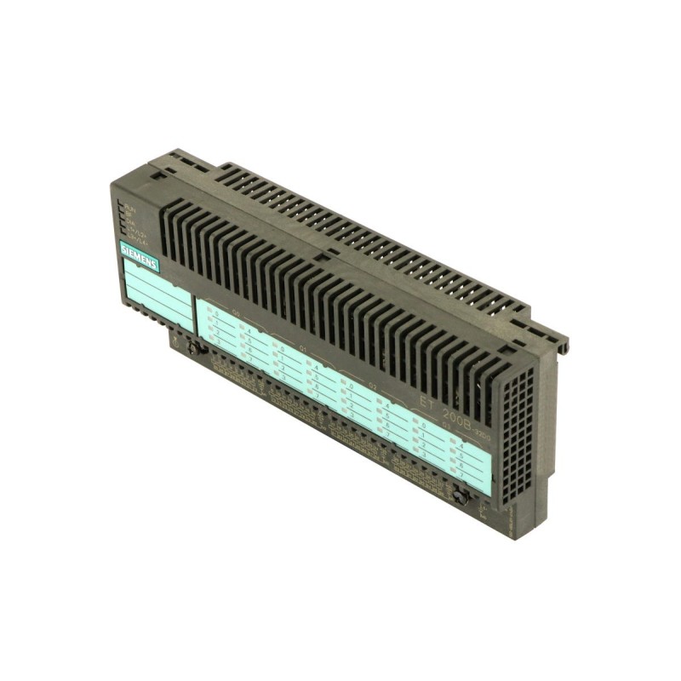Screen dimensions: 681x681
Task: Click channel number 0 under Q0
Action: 217,313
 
